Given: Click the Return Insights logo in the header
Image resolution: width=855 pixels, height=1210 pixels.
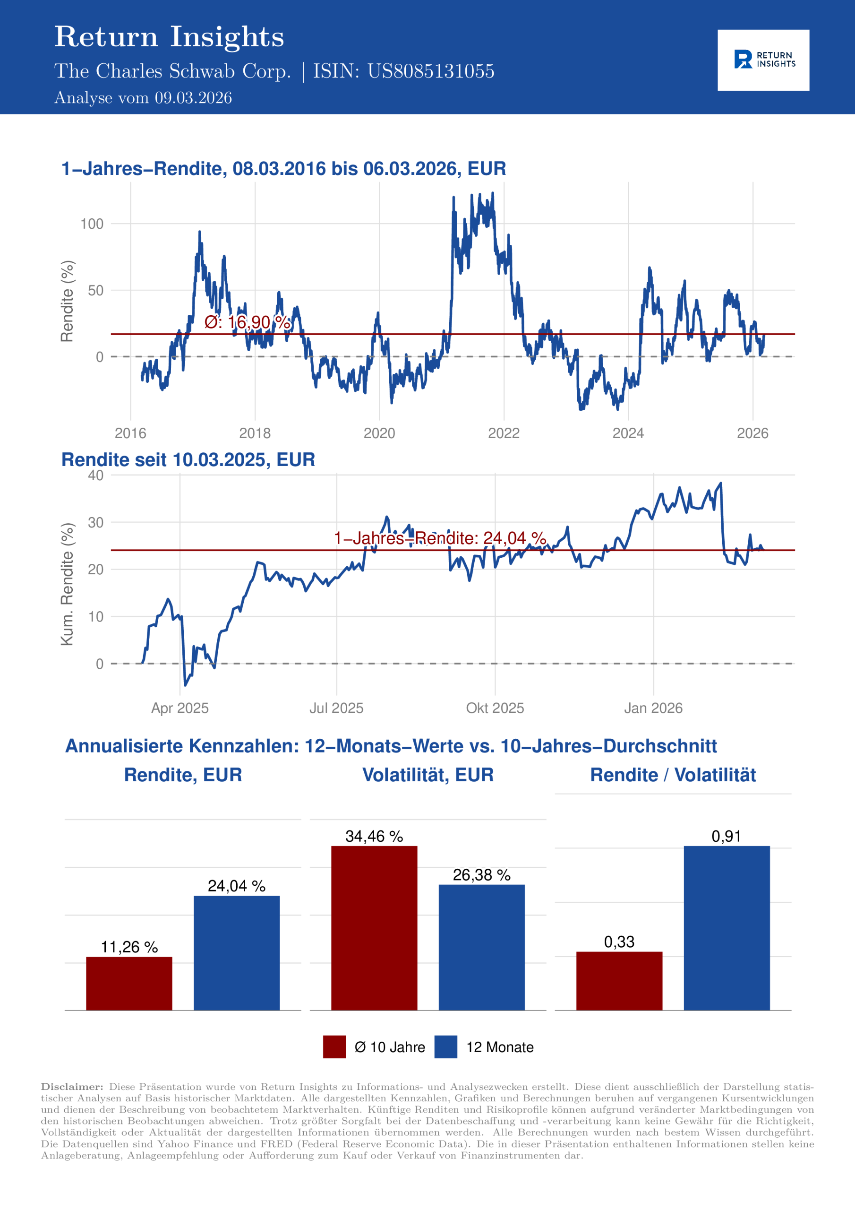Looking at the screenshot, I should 763,60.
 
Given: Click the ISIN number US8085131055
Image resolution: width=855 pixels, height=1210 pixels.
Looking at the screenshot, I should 430,71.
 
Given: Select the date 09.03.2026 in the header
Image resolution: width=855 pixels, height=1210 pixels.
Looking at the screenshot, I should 193,98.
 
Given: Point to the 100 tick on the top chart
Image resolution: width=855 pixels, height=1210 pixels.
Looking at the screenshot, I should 92,224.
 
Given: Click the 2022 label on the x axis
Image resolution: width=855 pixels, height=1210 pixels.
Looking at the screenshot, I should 503,433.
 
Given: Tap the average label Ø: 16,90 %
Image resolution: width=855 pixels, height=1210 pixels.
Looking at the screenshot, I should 247,322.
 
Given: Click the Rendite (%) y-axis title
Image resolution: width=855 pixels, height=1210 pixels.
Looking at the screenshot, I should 67,301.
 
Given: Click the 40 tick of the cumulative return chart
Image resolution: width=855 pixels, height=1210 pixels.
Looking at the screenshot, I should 95,475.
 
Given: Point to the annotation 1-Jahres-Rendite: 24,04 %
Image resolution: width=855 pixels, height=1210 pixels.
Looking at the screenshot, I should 439,538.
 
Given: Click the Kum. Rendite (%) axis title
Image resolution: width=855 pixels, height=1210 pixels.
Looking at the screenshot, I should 67,584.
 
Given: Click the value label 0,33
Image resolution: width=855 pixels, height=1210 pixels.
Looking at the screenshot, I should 619,942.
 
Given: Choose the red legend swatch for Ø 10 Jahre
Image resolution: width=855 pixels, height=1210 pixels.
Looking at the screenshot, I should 334,1046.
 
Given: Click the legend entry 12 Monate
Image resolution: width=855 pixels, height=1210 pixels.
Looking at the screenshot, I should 499,1047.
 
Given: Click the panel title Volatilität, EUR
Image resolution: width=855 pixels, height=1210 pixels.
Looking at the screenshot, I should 428,775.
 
